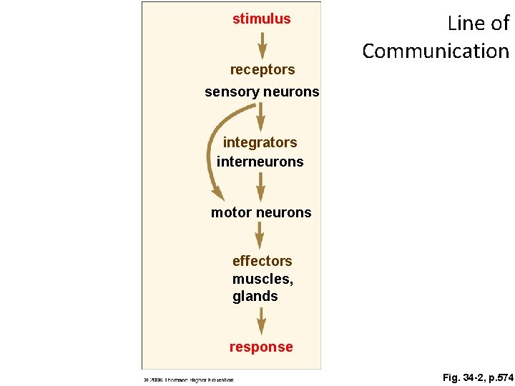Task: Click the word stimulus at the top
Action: pos(262,19)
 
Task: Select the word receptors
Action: pos(262,70)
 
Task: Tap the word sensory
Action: pos(228,92)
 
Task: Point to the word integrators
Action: pos(260,142)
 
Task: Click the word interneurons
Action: pos(260,162)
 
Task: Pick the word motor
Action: pos(231,212)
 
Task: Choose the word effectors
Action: pos(262,261)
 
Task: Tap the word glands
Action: pos(255,296)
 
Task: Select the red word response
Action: pos(261,347)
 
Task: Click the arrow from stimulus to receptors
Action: pos(263,45)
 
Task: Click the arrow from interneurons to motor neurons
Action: pos(261,187)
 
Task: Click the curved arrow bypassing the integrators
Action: pos(215,150)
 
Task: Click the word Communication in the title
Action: pos(436,51)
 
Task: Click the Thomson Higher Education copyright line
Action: pos(187,380)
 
